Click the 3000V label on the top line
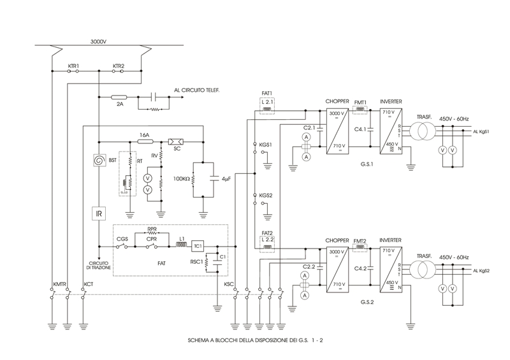point(99,42)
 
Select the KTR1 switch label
point(73,66)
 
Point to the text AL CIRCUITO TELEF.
point(197,90)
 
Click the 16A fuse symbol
point(144,142)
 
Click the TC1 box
point(198,245)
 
